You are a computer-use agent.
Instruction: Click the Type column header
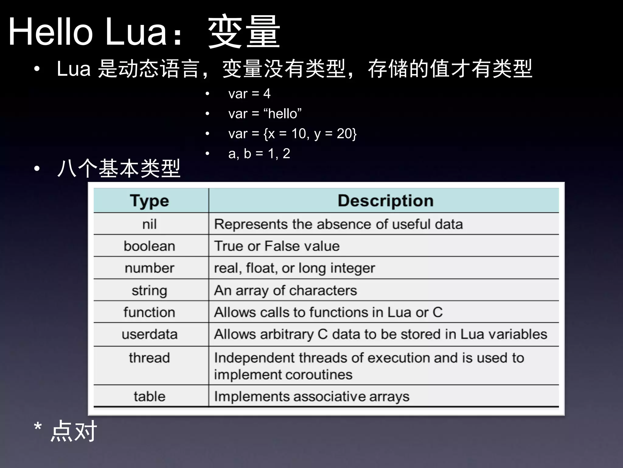point(149,201)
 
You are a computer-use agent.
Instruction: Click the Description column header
point(385,201)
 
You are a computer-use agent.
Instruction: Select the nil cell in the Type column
point(149,224)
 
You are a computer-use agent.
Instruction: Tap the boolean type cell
point(149,246)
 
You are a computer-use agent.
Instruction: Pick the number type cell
point(149,268)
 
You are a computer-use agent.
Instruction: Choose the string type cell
point(149,290)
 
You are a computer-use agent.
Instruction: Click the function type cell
point(149,312)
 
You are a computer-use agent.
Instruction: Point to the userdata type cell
point(149,334)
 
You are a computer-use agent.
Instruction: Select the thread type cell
point(149,358)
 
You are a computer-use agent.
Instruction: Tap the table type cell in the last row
point(149,396)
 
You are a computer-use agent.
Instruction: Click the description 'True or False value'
point(277,246)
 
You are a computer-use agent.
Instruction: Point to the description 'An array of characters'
point(285,290)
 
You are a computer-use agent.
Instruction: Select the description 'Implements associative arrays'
point(312,396)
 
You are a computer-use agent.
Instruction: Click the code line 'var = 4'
point(249,94)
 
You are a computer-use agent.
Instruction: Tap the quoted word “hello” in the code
point(283,114)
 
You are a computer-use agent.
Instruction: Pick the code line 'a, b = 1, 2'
point(259,153)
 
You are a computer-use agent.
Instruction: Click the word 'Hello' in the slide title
point(50,32)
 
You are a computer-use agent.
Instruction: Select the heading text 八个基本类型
point(119,168)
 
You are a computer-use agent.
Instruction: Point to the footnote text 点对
point(74,431)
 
